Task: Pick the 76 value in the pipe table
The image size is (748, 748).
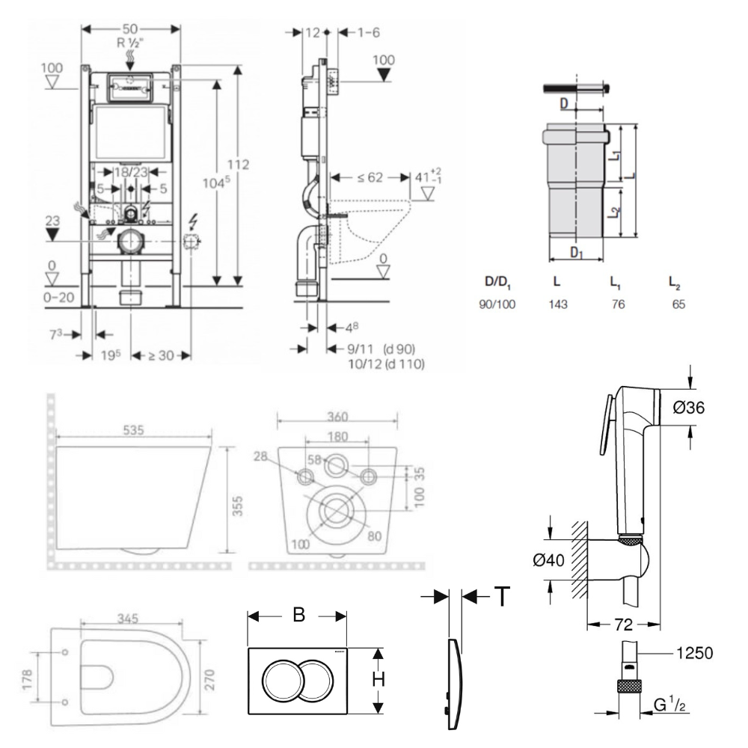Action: click(618, 304)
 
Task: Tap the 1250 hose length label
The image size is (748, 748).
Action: click(694, 652)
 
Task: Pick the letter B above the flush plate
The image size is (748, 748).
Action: click(298, 615)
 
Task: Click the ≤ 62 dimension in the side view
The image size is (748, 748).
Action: click(370, 178)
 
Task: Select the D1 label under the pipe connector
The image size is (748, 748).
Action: click(577, 253)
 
